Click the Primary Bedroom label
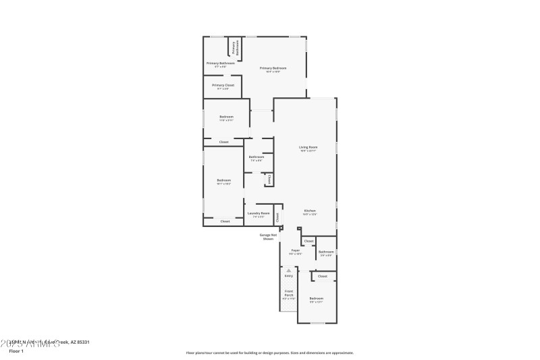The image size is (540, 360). (273, 68)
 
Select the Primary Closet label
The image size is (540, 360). (223, 85)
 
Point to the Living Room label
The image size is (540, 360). (308, 147)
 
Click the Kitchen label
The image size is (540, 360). (310, 210)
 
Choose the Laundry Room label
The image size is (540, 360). (259, 213)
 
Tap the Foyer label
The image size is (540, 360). (295, 250)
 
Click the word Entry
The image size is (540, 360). (289, 276)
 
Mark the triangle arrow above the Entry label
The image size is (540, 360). (289, 270)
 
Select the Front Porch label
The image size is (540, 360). (289, 293)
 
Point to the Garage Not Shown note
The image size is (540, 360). (269, 236)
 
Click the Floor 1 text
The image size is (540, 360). (16, 351)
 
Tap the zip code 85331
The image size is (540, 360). (82, 342)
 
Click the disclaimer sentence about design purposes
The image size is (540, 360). (269, 353)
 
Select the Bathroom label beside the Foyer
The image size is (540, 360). (326, 252)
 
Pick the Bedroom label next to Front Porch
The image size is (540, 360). (316, 298)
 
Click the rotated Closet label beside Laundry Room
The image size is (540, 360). (277, 217)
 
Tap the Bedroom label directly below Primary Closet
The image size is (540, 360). (226, 117)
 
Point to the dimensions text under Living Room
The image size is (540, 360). (308, 151)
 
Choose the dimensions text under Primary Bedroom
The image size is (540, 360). (273, 72)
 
